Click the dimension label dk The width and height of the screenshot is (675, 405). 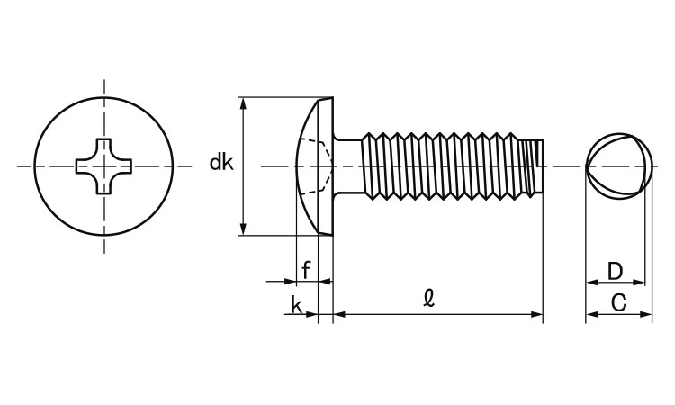coord(221,163)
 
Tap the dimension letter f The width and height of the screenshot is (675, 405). coord(306,269)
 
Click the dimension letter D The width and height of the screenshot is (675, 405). coord(615,270)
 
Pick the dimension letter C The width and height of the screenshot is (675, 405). coord(618,303)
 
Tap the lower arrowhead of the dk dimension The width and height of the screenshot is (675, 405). coord(243,229)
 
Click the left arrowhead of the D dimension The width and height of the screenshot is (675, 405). coord(591,283)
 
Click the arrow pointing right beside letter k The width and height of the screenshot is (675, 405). coord(311,315)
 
